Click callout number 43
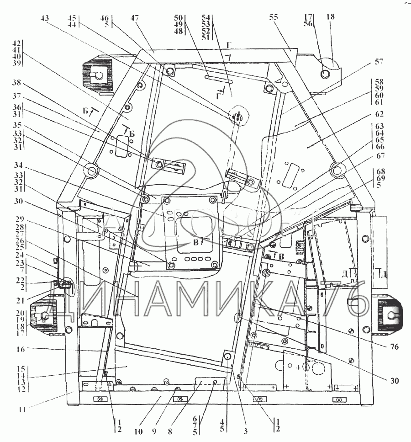pos(44,18)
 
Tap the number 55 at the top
pos(273,18)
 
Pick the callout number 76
pos(395,347)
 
